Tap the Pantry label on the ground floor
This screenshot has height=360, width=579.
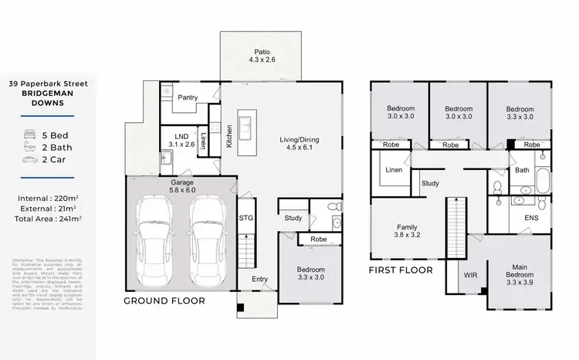pos(189,98)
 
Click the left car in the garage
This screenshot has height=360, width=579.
pos(158,239)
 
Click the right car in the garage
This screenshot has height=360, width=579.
pos(208,239)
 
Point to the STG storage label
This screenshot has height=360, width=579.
pos(246,219)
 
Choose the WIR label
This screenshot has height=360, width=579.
pos(470,275)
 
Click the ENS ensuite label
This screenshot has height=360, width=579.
pos(530,219)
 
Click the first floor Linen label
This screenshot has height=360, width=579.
pos(393,169)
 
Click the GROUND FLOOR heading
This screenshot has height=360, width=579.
pos(165,301)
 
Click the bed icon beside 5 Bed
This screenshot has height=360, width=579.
pos(30,134)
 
